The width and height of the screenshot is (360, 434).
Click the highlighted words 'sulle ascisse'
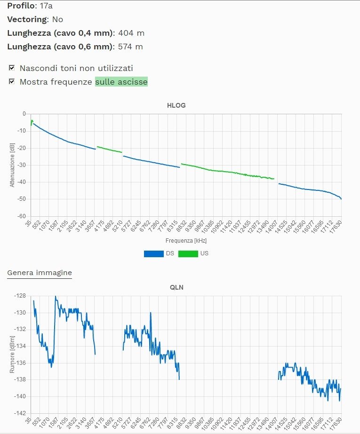click(x=121, y=82)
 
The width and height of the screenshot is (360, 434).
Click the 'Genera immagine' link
click(x=40, y=273)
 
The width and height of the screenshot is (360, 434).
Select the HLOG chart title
click(x=176, y=105)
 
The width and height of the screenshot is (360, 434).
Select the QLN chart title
click(x=176, y=287)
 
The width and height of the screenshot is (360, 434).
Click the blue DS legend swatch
click(x=153, y=253)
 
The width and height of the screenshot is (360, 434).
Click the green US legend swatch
click(x=188, y=253)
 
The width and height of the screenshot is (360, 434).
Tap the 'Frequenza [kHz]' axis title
click(x=186, y=241)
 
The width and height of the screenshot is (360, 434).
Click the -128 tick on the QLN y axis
click(x=20, y=296)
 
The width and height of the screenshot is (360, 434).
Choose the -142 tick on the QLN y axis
click(x=20, y=413)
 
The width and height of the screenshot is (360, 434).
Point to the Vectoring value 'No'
click(x=57, y=19)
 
